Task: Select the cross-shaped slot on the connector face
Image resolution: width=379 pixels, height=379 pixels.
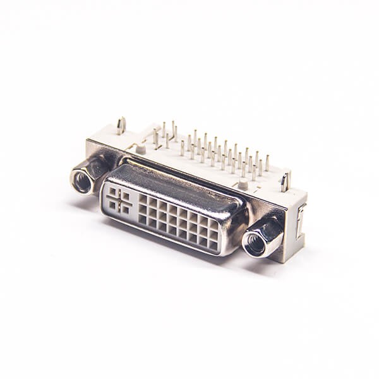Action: pyautogui.click(x=119, y=199)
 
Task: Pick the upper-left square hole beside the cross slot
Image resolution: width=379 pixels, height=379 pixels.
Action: pyautogui.click(x=113, y=191)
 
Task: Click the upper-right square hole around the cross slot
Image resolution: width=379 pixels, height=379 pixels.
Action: pyautogui.click(x=126, y=195)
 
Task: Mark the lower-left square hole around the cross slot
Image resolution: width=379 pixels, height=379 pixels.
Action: pyautogui.click(x=112, y=204)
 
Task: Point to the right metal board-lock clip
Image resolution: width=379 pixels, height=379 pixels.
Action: pyautogui.click(x=286, y=181)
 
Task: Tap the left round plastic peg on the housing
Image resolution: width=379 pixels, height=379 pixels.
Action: pyautogui.click(x=141, y=149)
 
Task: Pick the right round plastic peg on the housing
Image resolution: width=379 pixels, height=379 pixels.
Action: pyautogui.click(x=243, y=185)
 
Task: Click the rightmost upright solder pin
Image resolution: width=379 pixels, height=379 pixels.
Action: pyautogui.click(x=267, y=163)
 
